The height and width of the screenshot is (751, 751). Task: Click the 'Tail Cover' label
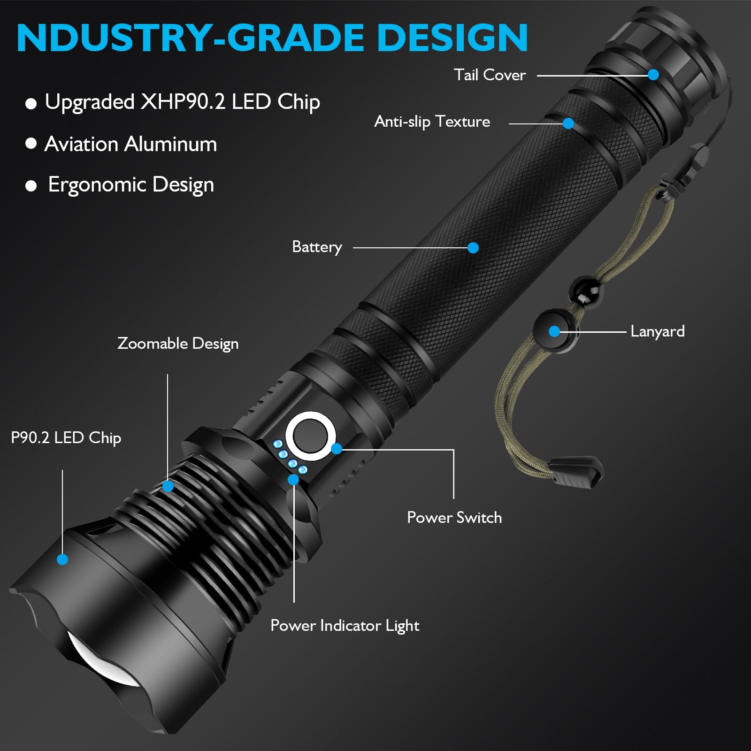pyautogui.click(x=490, y=75)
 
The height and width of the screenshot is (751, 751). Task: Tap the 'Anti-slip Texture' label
pyautogui.click(x=432, y=122)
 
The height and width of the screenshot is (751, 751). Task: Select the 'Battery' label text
pyautogui.click(x=317, y=247)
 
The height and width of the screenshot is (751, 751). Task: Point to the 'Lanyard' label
pyautogui.click(x=657, y=331)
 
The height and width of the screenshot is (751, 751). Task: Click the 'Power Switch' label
pyautogui.click(x=454, y=517)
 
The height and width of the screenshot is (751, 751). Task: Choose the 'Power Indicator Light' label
pyautogui.click(x=345, y=626)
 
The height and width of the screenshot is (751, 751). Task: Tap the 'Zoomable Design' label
pyautogui.click(x=178, y=344)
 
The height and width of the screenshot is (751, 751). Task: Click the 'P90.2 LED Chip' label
pyautogui.click(x=66, y=438)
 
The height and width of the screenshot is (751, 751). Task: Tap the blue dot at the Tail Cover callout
pyautogui.click(x=653, y=75)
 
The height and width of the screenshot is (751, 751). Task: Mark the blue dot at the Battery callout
pyautogui.click(x=473, y=248)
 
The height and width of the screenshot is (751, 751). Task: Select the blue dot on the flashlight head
pyautogui.click(x=62, y=559)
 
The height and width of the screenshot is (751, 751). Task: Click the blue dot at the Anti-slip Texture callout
pyautogui.click(x=568, y=123)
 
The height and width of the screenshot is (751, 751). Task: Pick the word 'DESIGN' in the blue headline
pyautogui.click(x=452, y=38)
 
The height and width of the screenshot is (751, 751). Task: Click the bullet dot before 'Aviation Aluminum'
pyautogui.click(x=31, y=143)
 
